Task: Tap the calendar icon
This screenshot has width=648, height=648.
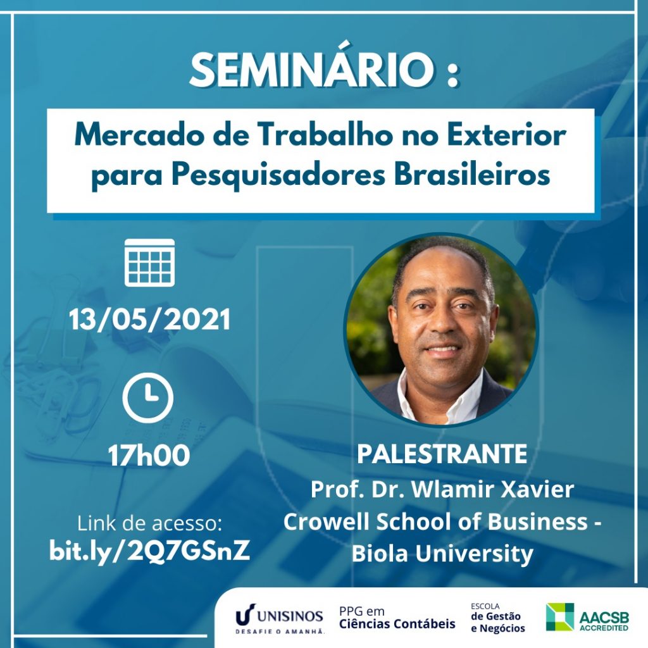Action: pyautogui.click(x=149, y=263)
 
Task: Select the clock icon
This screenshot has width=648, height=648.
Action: pyautogui.click(x=147, y=397)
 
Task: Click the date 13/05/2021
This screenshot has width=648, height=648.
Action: pyautogui.click(x=149, y=320)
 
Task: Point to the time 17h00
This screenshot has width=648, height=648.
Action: pyautogui.click(x=149, y=456)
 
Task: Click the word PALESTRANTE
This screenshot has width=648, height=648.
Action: pyautogui.click(x=442, y=454)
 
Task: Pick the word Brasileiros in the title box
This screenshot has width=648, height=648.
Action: pyautogui.click(x=471, y=175)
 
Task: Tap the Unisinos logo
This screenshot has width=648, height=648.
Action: pyautogui.click(x=279, y=619)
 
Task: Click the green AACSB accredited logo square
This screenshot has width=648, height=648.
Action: pyautogui.click(x=560, y=616)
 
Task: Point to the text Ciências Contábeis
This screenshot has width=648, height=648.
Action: pyautogui.click(x=397, y=623)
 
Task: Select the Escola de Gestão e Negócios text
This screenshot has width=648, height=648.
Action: pyautogui.click(x=497, y=618)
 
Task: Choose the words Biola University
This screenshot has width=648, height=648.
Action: pyautogui.click(x=442, y=553)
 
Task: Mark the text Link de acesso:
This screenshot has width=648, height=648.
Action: pyautogui.click(x=149, y=523)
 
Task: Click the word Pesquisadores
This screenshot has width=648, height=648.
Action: pyautogui.click(x=278, y=175)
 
